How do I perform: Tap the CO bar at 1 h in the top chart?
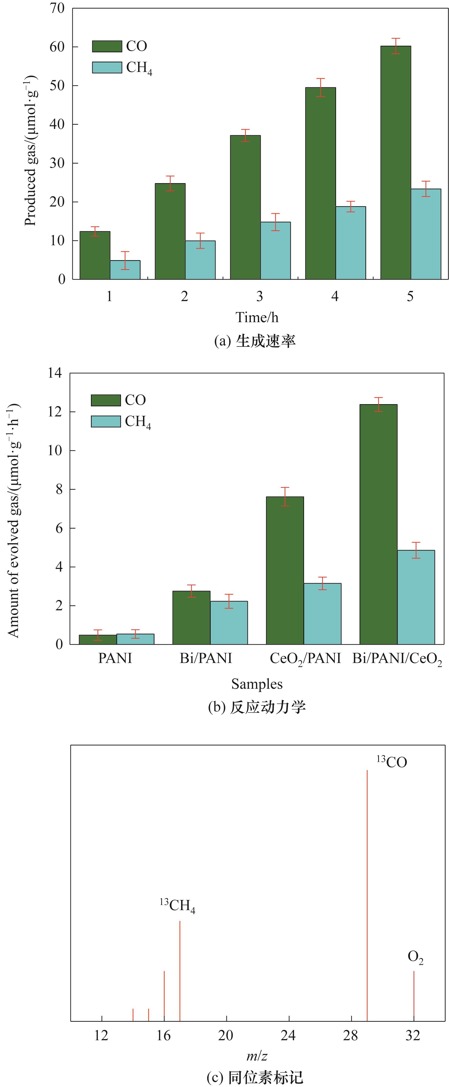tap(95, 255)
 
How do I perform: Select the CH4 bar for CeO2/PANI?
tap(322, 614)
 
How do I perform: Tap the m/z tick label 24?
tap(288, 1035)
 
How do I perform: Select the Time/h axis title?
tap(257, 317)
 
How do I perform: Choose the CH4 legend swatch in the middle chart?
tap(106, 421)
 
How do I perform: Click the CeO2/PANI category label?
tap(305, 658)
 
